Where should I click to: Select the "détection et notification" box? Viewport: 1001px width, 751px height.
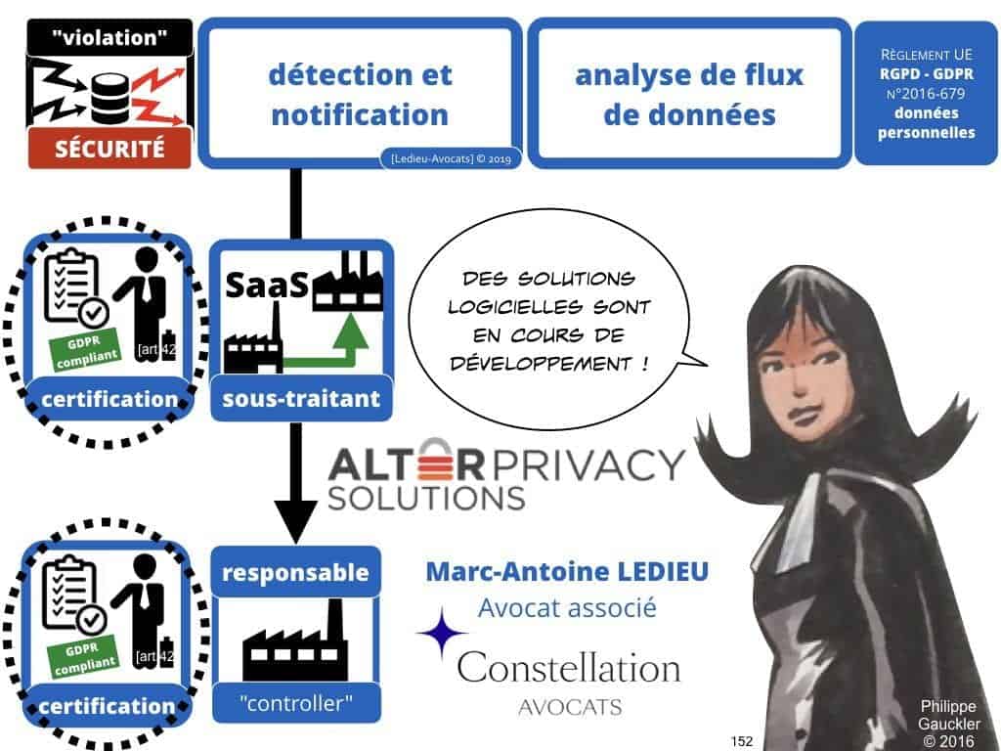click(359, 95)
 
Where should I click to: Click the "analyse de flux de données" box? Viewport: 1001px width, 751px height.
click(689, 95)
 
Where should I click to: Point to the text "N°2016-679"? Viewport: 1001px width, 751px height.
click(926, 95)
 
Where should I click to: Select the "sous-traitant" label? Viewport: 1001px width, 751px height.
click(301, 399)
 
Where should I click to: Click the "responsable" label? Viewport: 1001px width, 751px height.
click(294, 571)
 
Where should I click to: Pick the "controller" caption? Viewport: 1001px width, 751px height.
click(294, 700)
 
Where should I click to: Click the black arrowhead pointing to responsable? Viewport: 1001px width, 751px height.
click(295, 517)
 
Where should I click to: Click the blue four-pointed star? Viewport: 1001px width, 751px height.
click(442, 633)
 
